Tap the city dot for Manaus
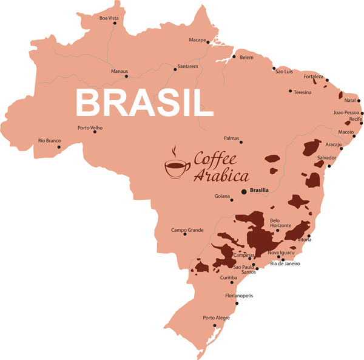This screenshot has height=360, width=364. (x=128, y=77)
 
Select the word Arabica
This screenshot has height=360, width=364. (x=221, y=177)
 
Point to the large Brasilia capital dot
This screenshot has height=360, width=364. (x=244, y=191)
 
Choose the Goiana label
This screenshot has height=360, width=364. (x=223, y=196)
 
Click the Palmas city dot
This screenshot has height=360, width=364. (x=241, y=142)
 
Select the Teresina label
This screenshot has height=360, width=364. (x=303, y=92)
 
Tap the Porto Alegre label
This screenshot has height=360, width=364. (x=216, y=318)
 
